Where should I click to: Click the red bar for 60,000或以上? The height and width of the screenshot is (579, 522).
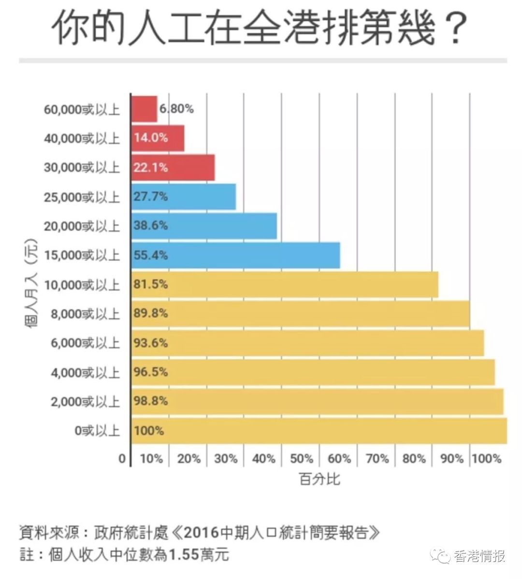click(x=144, y=109)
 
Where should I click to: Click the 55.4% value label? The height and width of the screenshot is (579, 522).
click(x=150, y=255)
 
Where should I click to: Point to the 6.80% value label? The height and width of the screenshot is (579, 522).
click(x=176, y=109)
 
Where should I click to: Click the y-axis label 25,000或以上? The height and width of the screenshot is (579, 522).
click(x=82, y=197)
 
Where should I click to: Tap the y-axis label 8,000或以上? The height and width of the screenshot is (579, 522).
click(x=85, y=314)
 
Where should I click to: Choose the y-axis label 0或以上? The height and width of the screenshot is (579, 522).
click(x=97, y=431)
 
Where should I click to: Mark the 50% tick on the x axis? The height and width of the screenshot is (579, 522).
click(x=301, y=459)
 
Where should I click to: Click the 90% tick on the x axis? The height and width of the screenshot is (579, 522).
click(x=451, y=459)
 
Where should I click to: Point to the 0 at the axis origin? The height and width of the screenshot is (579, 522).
click(x=122, y=459)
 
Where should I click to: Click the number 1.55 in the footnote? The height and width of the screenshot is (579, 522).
click(x=183, y=554)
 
